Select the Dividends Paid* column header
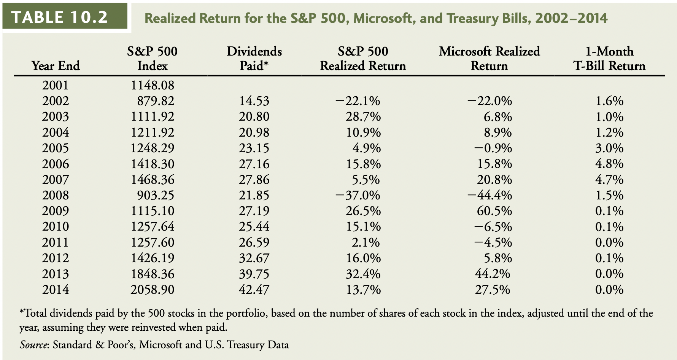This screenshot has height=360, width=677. (x=254, y=58)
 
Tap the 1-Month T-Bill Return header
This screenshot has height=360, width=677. (x=609, y=58)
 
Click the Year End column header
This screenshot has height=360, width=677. (x=56, y=65)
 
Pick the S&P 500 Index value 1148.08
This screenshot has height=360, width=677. (x=152, y=85)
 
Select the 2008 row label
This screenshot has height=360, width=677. (x=56, y=195)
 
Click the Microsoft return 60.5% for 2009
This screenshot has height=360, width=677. (x=494, y=211)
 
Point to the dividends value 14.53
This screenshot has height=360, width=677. (x=254, y=101)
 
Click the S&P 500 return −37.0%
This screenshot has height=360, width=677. (x=358, y=195)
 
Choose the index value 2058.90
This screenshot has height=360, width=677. (x=152, y=290)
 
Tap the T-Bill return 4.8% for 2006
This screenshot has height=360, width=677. (x=609, y=164)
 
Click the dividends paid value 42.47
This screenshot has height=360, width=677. (x=254, y=290)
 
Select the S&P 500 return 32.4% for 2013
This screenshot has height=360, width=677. (x=363, y=274)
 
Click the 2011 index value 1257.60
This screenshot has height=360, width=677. (x=152, y=242)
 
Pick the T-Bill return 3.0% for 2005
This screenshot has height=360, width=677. (x=609, y=148)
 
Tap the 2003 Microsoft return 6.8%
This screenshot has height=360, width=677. (x=497, y=116)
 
